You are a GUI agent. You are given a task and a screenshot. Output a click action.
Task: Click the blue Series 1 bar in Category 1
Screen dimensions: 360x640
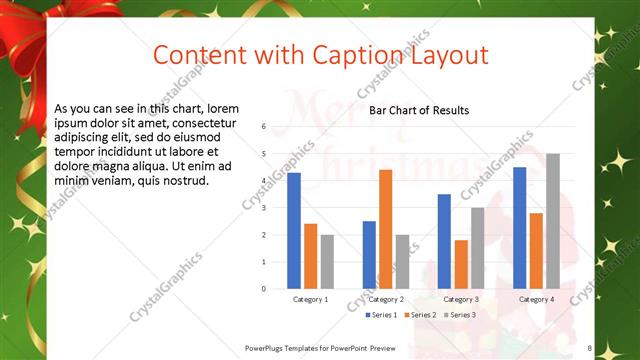294,231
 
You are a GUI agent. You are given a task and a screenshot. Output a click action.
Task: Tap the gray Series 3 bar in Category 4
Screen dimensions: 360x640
553,221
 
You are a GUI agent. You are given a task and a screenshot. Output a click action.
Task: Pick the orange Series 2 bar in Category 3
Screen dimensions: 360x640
461,264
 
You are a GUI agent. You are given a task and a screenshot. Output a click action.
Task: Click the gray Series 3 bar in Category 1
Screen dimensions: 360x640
327,262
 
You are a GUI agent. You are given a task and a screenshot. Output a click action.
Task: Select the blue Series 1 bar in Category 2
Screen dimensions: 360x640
369,255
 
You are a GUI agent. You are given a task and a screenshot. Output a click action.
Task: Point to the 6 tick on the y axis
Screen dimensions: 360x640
263,127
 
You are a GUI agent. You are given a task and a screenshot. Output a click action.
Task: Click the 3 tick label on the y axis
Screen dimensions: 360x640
263,208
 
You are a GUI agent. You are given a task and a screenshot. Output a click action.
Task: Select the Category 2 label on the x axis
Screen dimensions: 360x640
385,300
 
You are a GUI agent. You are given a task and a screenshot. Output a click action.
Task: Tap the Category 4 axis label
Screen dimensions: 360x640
536,300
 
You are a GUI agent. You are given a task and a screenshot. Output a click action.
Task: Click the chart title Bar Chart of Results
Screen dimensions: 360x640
419,110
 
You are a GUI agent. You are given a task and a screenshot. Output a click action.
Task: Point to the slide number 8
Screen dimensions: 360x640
590,348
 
